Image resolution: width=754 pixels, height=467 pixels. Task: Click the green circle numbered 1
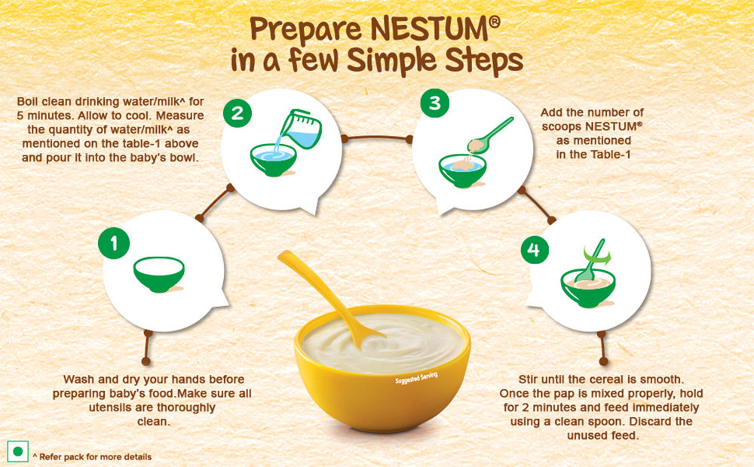(114, 243)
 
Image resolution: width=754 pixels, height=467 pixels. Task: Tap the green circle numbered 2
(237, 113)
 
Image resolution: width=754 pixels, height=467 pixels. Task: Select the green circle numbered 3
(434, 103)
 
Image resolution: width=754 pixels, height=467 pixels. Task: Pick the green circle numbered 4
(535, 249)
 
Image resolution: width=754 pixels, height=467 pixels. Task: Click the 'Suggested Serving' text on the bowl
(416, 378)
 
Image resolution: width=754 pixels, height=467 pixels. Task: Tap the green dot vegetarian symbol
(18, 451)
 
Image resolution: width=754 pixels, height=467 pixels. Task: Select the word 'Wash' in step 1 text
(78, 379)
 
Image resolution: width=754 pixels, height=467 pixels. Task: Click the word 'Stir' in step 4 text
(528, 379)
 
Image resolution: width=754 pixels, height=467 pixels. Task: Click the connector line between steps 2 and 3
(376, 137)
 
